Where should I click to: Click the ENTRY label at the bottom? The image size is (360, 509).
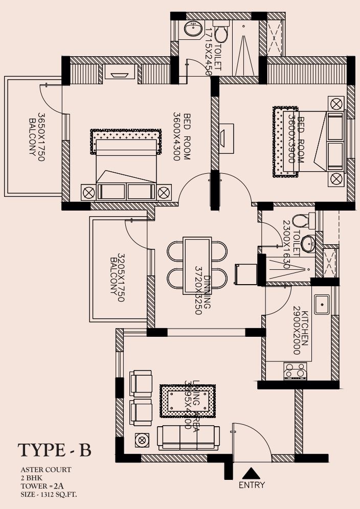(x=252, y=484)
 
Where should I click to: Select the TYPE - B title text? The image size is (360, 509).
(x=55, y=450)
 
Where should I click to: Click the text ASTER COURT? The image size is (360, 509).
(x=46, y=469)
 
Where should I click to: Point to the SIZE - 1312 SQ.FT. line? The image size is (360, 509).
(x=49, y=494)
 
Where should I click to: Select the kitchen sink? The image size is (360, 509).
(x=322, y=305)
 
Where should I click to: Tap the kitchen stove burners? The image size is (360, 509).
(x=296, y=371)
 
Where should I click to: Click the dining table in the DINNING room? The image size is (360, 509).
(x=197, y=265)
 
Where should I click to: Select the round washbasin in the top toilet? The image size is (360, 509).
(x=193, y=29)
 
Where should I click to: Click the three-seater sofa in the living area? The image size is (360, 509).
(x=188, y=437)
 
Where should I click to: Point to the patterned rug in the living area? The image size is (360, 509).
(x=187, y=401)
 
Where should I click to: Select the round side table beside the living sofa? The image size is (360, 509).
(x=142, y=439)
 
